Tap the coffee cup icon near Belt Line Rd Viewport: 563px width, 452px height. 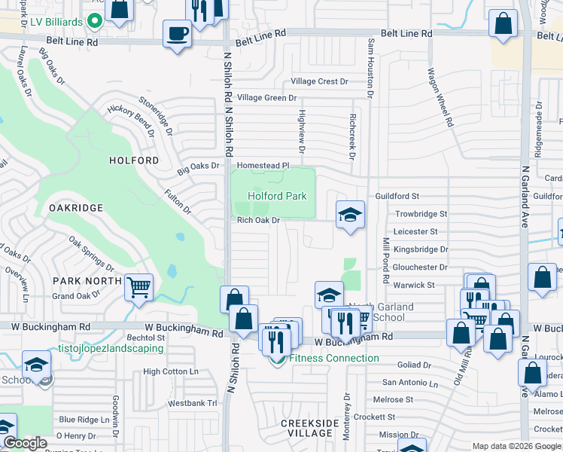178,35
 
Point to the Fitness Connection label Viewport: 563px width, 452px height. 333,358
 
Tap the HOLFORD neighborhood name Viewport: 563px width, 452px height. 134,160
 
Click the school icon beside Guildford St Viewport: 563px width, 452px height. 350,216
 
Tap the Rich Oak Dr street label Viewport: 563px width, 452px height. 259,221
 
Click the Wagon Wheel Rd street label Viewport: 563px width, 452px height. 440,97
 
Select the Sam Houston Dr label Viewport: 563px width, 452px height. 370,68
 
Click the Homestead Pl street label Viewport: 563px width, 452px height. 263,165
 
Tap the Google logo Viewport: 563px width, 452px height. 26,444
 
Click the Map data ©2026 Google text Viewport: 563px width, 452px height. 516,447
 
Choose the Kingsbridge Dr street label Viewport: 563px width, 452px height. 421,249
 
